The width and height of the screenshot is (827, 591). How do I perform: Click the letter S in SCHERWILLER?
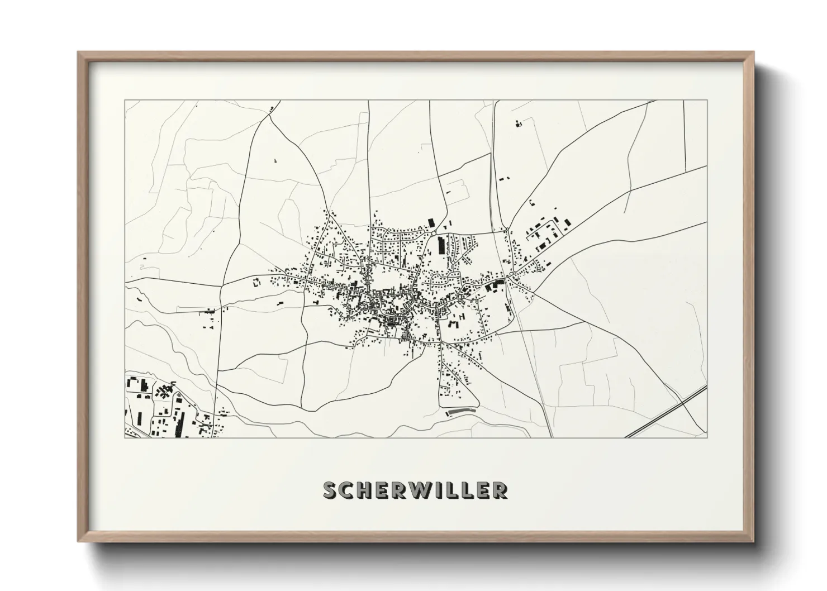click(x=331, y=490)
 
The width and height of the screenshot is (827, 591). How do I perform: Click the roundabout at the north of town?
click(x=434, y=233)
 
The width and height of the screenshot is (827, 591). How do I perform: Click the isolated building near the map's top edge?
click(x=517, y=123)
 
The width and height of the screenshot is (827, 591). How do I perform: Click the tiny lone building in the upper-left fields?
click(x=275, y=160)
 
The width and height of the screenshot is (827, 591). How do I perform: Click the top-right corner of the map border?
click(x=707, y=101)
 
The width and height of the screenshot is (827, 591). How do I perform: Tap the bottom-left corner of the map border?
click(x=125, y=437)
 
